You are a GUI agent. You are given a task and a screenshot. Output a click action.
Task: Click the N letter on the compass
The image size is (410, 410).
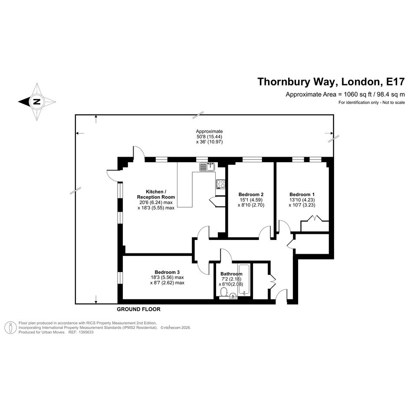[37, 102]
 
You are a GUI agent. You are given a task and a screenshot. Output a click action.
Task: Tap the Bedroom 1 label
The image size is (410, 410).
[302, 194]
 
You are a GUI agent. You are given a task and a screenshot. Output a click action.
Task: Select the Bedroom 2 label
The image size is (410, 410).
[251, 194]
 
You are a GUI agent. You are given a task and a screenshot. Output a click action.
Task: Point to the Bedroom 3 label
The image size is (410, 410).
[167, 272]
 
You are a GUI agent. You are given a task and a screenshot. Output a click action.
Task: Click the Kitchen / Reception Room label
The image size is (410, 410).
[156, 194]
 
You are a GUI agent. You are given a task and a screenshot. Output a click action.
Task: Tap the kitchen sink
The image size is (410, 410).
[207, 167]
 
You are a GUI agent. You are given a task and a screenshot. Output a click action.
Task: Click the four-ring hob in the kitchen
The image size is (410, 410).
[220, 184]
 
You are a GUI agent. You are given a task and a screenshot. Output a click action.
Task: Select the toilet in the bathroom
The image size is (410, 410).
[223, 292]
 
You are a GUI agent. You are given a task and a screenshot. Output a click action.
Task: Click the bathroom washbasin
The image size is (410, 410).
[233, 296]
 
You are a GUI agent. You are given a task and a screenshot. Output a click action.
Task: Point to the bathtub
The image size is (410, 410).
[244, 280]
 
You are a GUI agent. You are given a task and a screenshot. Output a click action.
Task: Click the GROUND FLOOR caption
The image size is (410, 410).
[138, 309]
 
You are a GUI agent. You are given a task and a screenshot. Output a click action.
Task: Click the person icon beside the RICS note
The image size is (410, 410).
[11, 328]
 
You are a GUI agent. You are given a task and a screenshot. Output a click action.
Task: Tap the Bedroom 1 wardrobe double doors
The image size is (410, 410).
[315, 218]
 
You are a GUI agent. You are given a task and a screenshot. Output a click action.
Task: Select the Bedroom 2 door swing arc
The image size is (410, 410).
[264, 231]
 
